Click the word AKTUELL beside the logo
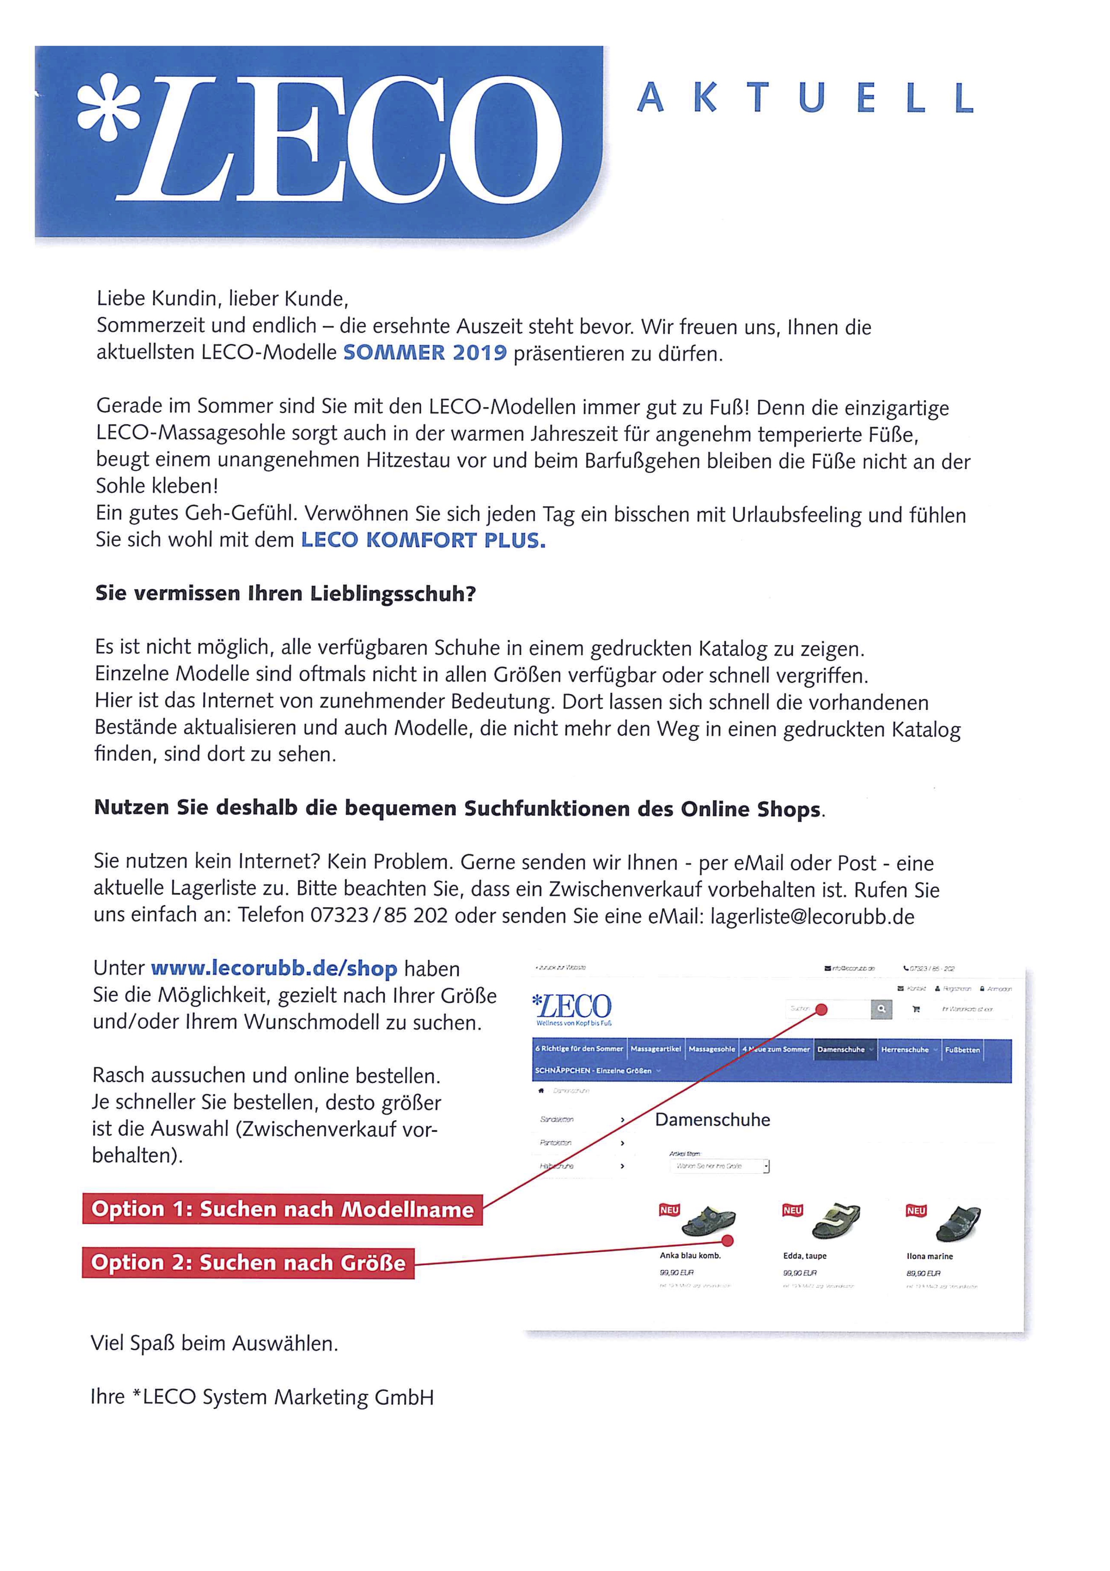click(804, 98)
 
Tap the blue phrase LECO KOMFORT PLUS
click(423, 541)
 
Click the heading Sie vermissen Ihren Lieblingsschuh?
click(285, 593)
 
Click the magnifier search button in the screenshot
click(881, 1009)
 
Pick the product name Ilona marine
click(929, 1256)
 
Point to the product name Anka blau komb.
click(690, 1256)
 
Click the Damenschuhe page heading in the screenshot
click(712, 1120)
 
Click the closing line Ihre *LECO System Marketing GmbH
click(262, 1397)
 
